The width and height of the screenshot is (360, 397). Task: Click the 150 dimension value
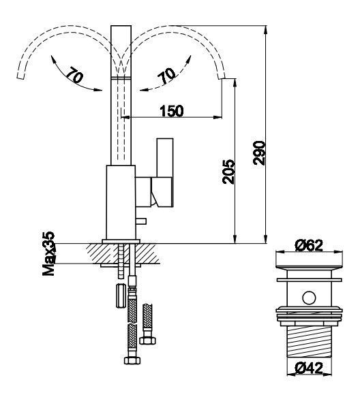[x=172, y=111]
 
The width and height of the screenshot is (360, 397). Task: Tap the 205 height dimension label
[x=228, y=172]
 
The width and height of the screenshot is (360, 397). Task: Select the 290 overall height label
[x=259, y=153]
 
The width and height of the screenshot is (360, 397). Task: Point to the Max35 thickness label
[x=48, y=253]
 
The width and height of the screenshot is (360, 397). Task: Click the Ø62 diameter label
[x=309, y=245]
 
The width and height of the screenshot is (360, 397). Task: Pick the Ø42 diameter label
[x=309, y=368]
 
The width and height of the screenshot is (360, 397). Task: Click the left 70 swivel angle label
[x=75, y=75]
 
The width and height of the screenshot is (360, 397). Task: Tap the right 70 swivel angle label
[x=166, y=76]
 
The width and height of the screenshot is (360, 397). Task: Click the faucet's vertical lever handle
[x=165, y=157]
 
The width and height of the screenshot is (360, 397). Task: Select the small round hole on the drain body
[x=309, y=298]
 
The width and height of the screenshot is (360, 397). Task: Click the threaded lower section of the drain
[x=309, y=342]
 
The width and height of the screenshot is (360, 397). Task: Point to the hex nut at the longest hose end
[x=132, y=360]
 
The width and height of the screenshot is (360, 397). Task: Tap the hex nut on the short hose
[x=148, y=340]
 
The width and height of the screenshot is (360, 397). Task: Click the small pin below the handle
[x=141, y=221]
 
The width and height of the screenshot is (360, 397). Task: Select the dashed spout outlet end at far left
[x=20, y=76]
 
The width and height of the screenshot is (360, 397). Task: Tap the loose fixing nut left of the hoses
[x=121, y=296]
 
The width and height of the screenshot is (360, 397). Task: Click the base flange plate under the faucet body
[x=121, y=241]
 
